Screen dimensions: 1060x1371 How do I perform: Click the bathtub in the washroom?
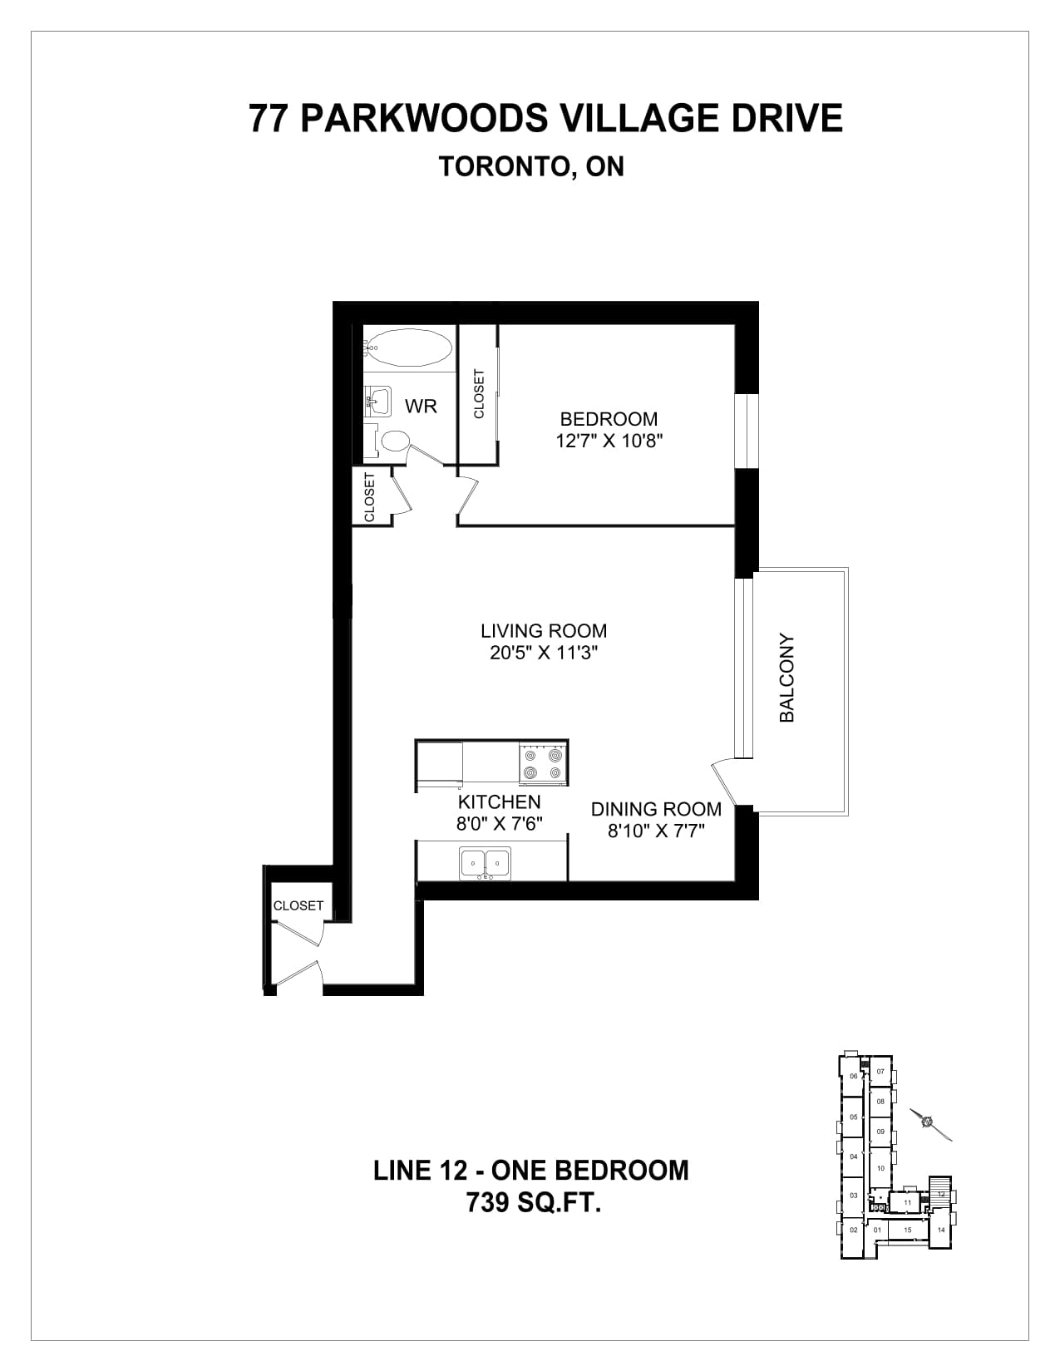coord(409,348)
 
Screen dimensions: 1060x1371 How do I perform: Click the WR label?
coord(421,407)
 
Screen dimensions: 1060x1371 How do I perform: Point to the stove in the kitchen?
coord(543,762)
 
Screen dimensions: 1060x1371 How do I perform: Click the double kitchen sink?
coord(485,862)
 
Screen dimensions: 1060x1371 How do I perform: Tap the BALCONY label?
coord(786,678)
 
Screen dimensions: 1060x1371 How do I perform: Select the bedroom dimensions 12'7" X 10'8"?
coord(609,441)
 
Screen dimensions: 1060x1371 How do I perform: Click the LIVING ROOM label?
coord(544,631)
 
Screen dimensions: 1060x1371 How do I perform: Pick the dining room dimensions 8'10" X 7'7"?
coord(656,831)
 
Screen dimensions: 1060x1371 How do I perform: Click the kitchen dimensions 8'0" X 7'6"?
coord(499,823)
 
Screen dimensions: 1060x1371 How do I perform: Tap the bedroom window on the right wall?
coord(747,431)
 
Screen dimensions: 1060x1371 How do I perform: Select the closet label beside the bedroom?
coord(479,394)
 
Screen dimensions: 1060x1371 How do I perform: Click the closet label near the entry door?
coord(298,905)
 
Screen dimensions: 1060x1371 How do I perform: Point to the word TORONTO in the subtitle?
coord(505,166)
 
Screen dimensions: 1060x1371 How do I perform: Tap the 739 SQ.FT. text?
coord(534,1202)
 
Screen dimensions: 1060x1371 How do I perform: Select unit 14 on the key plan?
coord(941,1230)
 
